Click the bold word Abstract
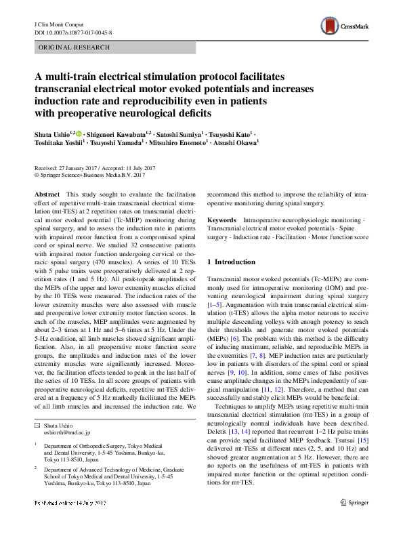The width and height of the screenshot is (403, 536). pos(47,194)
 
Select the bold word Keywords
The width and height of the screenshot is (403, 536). pos(222,220)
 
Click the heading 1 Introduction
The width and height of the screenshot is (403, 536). pos(231,262)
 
